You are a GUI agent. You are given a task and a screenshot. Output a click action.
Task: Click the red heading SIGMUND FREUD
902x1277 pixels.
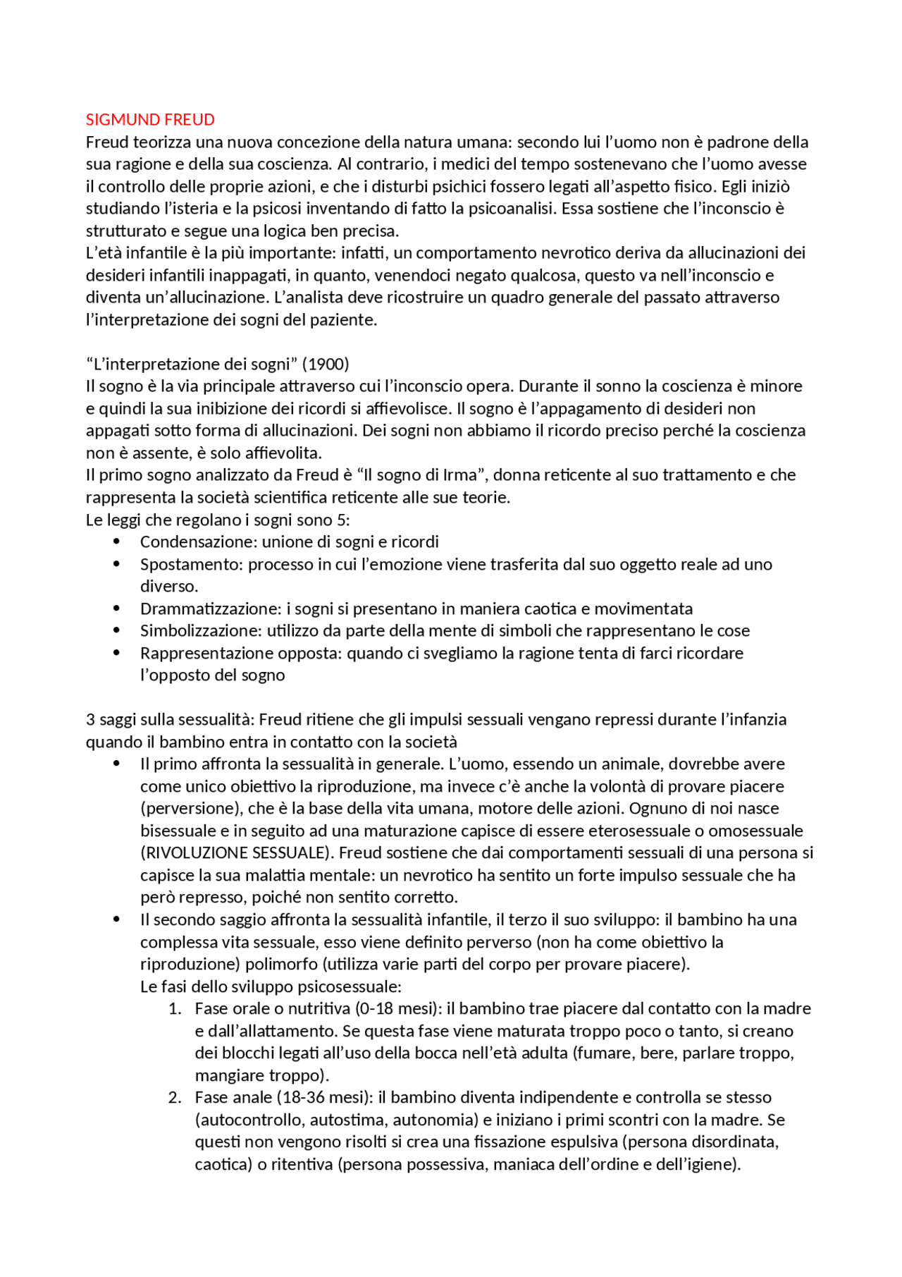point(150,120)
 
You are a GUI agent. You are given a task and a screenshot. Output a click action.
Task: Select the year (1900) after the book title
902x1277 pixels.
point(326,365)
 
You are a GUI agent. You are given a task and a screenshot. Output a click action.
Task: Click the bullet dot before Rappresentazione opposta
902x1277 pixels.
point(117,653)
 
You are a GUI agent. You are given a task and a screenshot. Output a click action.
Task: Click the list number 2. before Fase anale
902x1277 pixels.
point(175,1098)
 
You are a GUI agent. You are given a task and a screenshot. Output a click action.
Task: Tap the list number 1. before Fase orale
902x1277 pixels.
point(175,1009)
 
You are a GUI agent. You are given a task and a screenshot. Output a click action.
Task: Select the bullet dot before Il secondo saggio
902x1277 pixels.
point(117,920)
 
